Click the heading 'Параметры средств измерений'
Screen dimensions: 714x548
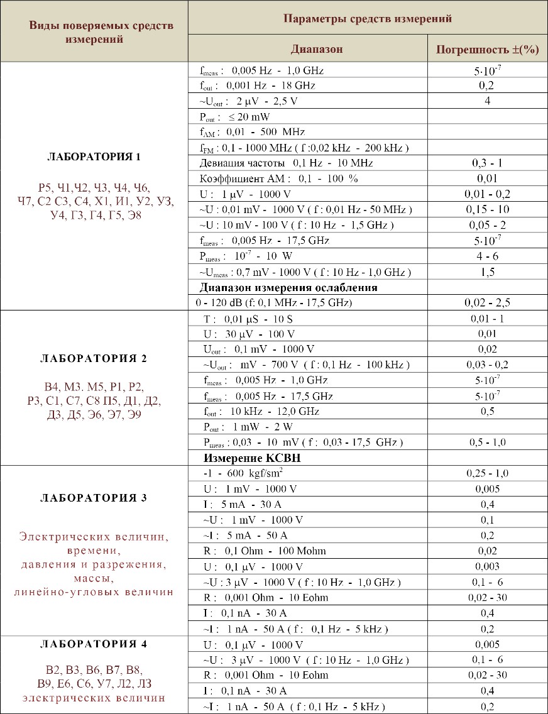(x=368, y=19)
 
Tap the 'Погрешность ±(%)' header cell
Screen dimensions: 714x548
(x=487, y=50)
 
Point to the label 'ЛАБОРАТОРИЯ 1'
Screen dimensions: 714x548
(x=94, y=157)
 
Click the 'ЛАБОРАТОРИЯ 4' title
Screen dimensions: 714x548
(x=94, y=644)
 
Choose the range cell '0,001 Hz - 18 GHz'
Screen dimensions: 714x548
(x=258, y=85)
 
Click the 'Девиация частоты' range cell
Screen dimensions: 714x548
(x=286, y=163)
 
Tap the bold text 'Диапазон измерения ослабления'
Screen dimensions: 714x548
(x=288, y=287)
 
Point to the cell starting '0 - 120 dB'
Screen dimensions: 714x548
(x=275, y=303)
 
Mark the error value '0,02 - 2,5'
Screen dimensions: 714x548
(x=487, y=303)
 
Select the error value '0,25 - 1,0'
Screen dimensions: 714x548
(x=487, y=473)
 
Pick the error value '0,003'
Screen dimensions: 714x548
(x=487, y=566)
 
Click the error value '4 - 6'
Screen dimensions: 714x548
(x=487, y=256)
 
